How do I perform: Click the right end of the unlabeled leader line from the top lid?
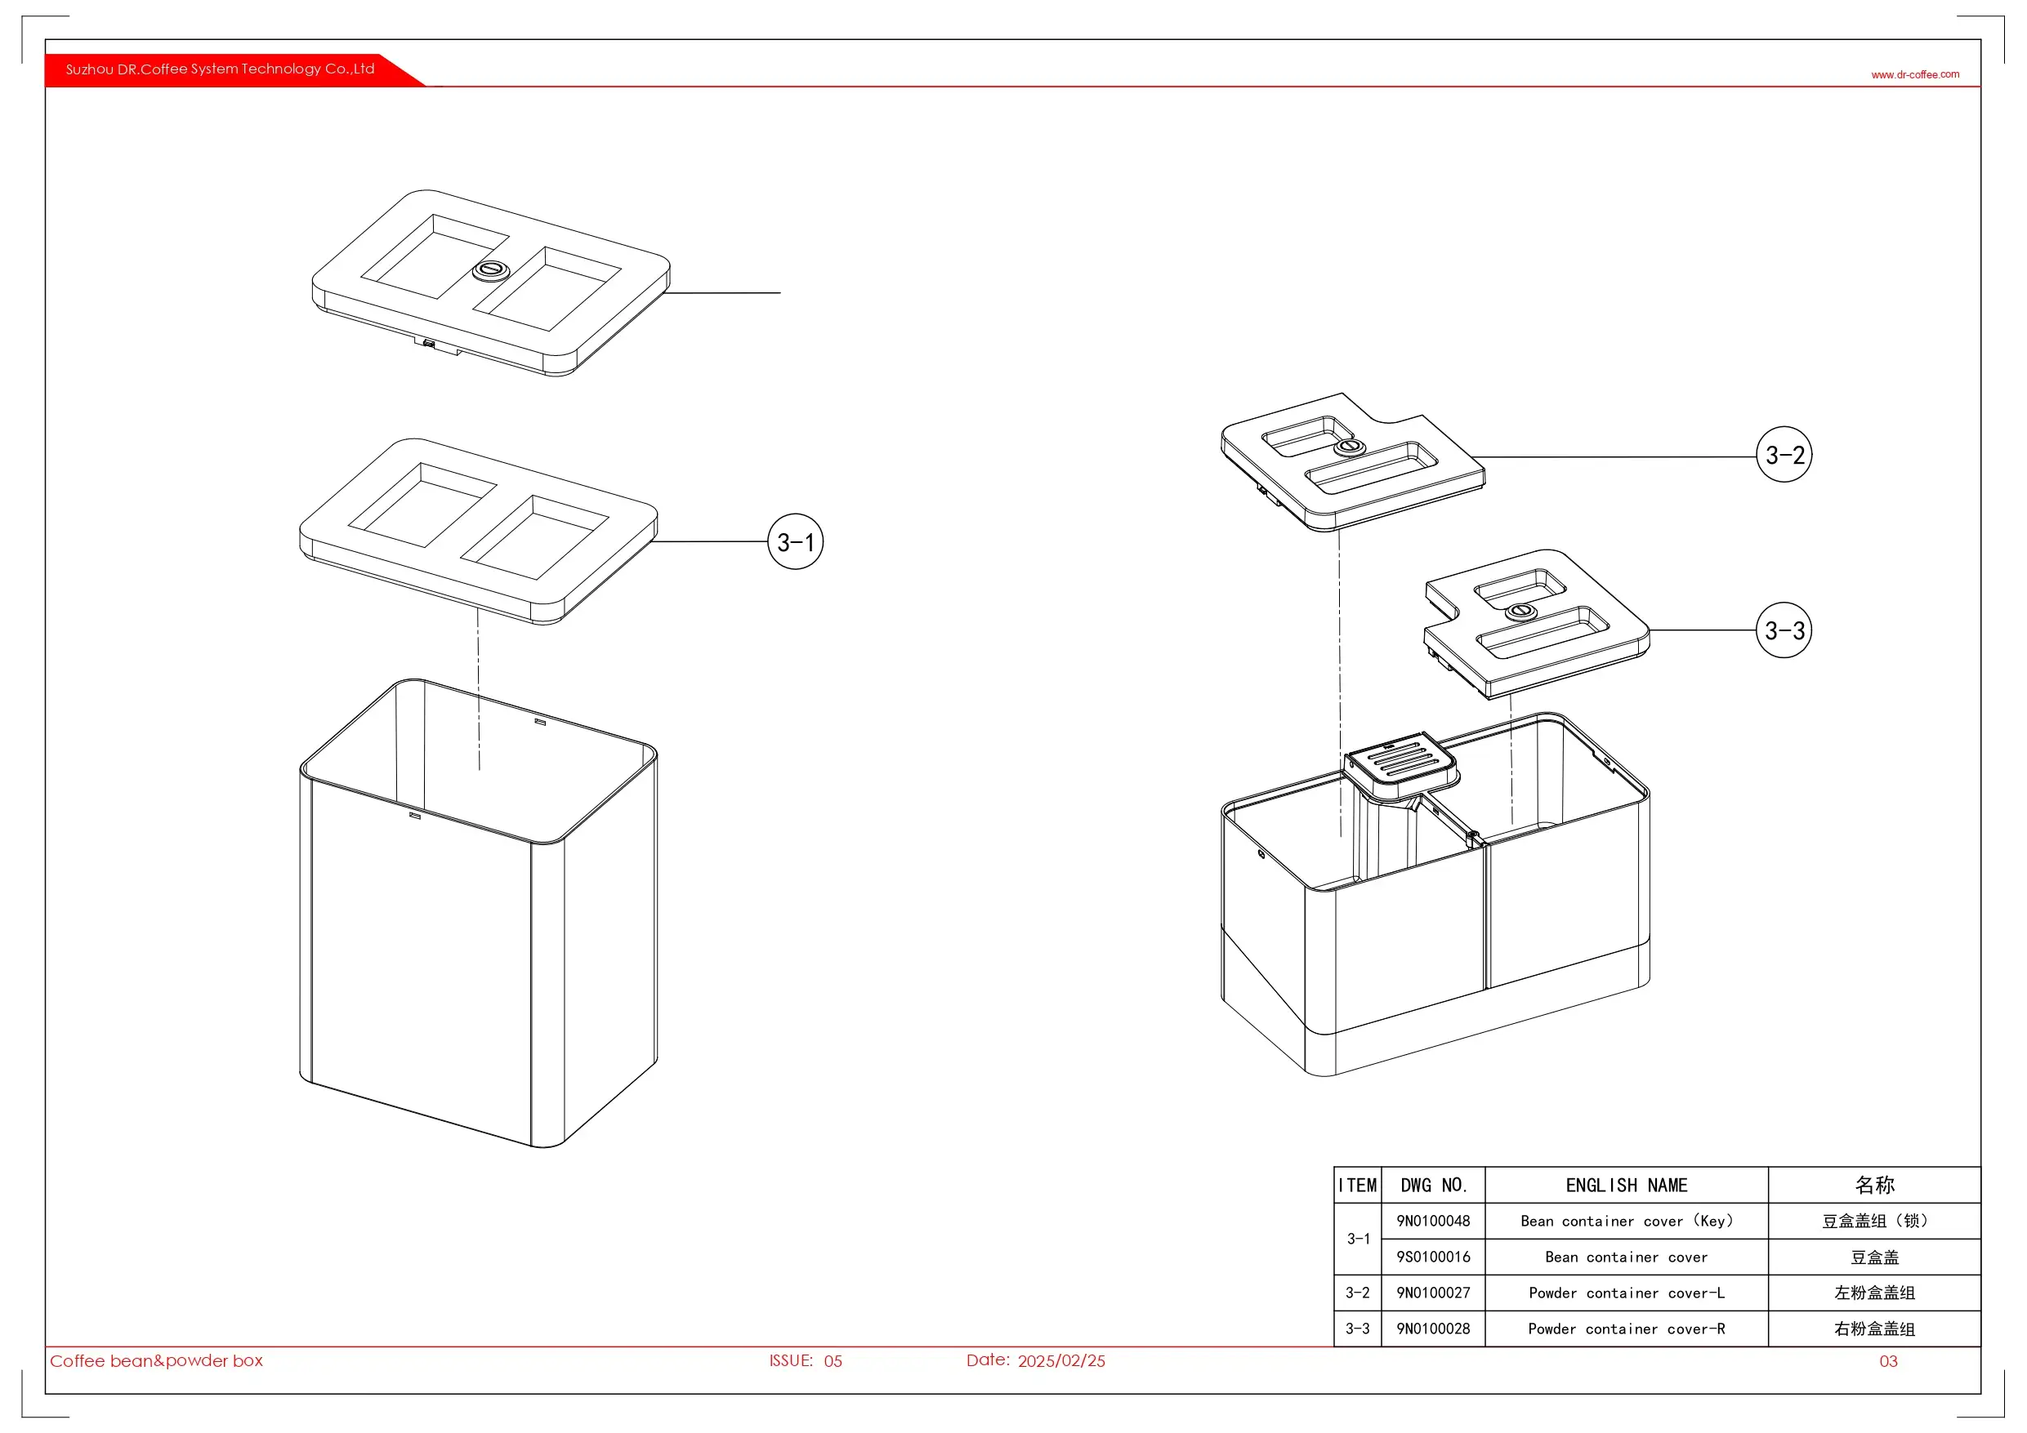pyautogui.click(x=780, y=292)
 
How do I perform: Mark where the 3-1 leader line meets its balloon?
pyautogui.click(x=768, y=542)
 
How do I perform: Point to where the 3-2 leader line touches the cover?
pyautogui.click(x=1472, y=457)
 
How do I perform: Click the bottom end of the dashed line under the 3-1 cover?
pyautogui.click(x=480, y=770)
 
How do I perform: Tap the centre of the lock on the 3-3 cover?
pyautogui.click(x=1520, y=611)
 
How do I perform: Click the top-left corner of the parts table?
pyautogui.click(x=1334, y=1168)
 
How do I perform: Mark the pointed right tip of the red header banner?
pyautogui.click(x=426, y=86)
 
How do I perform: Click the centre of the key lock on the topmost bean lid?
pyautogui.click(x=491, y=270)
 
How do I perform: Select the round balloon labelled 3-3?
pyautogui.click(x=1784, y=630)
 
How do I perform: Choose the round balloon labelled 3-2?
pyautogui.click(x=1784, y=455)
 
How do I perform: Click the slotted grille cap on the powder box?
pyautogui.click(x=1401, y=761)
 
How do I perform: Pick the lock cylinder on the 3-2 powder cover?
pyautogui.click(x=1349, y=447)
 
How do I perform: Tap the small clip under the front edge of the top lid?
pyautogui.click(x=429, y=342)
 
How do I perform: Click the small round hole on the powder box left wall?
pyautogui.click(x=1261, y=854)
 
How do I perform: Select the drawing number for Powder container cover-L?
pyautogui.click(x=1433, y=1293)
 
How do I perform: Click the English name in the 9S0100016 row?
pyautogui.click(x=1626, y=1257)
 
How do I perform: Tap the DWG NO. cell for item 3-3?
pyautogui.click(x=1433, y=1328)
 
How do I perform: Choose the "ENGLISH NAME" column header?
pyautogui.click(x=1626, y=1185)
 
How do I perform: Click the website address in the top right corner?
pyautogui.click(x=1915, y=75)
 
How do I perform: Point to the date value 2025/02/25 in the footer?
pyautogui.click(x=1061, y=1360)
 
